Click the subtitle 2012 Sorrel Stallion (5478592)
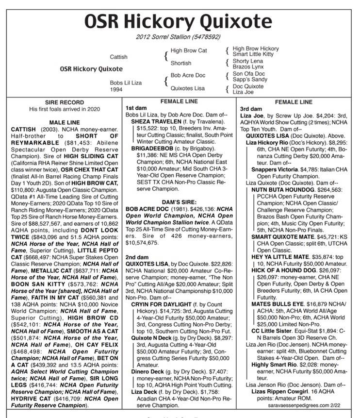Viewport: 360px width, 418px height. [x=180, y=37]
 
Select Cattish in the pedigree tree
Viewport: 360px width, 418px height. [x=118, y=57]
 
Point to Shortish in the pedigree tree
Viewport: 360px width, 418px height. [x=181, y=63]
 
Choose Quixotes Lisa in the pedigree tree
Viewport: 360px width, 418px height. [x=188, y=88]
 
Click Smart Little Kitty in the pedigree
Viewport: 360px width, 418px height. [x=253, y=54]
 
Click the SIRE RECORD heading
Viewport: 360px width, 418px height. [x=61, y=103]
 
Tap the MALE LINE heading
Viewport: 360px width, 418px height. [x=61, y=123]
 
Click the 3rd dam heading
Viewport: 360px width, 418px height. [x=251, y=110]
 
